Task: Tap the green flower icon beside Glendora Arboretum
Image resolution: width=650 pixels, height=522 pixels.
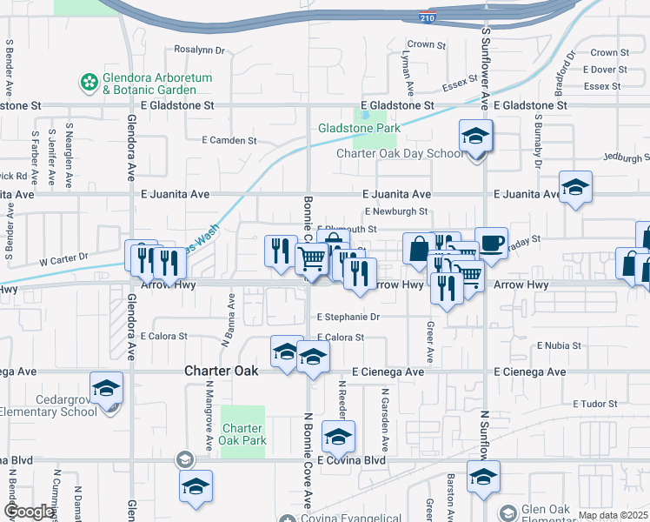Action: (89, 83)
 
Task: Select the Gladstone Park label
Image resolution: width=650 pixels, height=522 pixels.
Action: (359, 128)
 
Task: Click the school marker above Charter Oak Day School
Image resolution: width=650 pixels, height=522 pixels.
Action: (475, 137)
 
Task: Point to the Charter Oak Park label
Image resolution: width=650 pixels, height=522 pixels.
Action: (242, 434)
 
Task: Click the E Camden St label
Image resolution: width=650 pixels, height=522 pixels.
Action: (229, 140)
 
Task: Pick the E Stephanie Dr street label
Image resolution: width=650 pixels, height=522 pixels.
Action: (349, 318)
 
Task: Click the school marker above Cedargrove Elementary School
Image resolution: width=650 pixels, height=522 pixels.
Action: (106, 389)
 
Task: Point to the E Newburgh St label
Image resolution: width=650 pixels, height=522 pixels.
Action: (396, 211)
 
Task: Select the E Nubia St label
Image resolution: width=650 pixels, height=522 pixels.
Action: (559, 345)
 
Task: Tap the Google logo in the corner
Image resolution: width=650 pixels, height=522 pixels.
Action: (29, 512)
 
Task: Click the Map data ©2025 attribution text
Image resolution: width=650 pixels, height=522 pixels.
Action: (613, 515)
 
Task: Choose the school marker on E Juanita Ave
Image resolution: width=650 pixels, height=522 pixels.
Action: (574, 188)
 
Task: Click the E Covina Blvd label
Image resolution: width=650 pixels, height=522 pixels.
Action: (351, 459)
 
